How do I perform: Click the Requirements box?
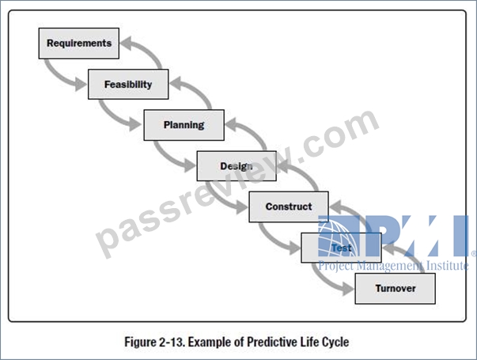(79, 44)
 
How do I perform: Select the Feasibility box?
(128, 85)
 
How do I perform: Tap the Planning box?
(184, 125)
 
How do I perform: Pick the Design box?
(237, 166)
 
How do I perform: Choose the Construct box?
(289, 207)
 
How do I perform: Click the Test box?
(341, 248)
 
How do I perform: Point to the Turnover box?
(396, 289)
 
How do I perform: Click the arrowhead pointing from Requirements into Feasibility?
(81, 84)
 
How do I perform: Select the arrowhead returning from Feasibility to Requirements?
(126, 44)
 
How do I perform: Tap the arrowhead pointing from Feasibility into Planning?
(135, 124)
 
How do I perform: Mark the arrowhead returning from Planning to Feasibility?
(176, 84)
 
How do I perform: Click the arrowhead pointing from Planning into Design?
(190, 165)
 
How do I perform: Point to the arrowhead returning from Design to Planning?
(231, 125)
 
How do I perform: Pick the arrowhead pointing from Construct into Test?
(294, 248)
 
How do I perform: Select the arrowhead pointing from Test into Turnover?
(348, 288)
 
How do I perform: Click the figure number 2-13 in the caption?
(172, 342)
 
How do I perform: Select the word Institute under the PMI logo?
(447, 265)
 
